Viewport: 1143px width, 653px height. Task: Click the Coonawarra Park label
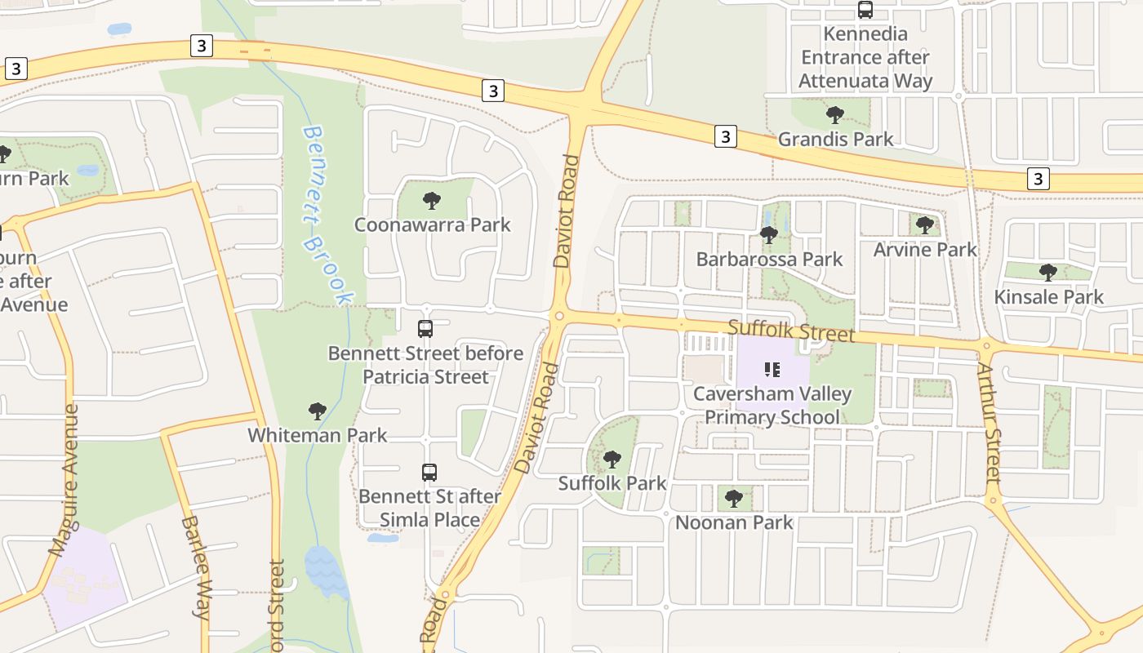tap(432, 224)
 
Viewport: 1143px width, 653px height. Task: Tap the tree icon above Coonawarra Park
tap(432, 200)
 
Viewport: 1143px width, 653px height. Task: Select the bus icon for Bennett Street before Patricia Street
tap(425, 329)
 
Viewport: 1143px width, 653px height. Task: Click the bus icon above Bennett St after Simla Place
tap(429, 472)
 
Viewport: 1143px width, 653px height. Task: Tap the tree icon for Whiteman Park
tap(318, 411)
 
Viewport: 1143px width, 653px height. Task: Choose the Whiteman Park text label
tap(318, 435)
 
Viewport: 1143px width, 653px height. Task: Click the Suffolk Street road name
tap(791, 331)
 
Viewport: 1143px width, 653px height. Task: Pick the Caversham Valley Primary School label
tap(772, 406)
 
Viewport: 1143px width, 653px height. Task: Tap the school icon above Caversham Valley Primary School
tap(772, 370)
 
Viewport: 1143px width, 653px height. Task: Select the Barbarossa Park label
tap(769, 260)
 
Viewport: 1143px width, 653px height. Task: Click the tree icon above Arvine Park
tap(924, 224)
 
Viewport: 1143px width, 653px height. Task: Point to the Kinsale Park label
tap(1048, 297)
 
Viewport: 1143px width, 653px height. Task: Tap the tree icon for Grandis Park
tap(834, 114)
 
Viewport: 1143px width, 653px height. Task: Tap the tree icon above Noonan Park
tap(733, 498)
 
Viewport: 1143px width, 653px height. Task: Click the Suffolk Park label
tap(612, 483)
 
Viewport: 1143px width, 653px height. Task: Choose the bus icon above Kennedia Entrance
tap(865, 11)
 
